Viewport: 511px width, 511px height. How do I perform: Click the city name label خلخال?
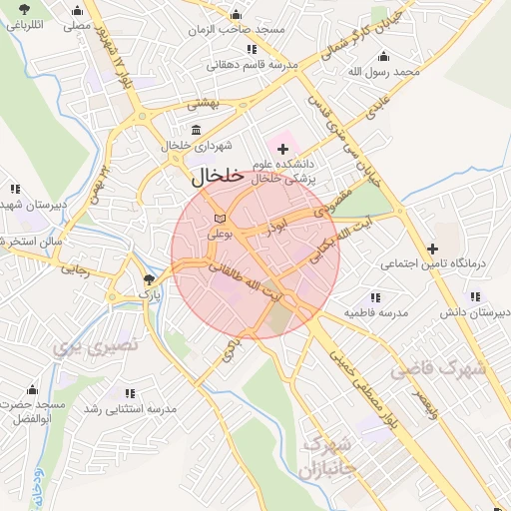216,176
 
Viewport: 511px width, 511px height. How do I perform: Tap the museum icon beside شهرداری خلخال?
195,130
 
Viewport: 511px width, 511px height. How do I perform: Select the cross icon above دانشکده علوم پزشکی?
282,148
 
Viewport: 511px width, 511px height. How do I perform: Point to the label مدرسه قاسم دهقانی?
246,65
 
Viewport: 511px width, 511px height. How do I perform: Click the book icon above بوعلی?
219,218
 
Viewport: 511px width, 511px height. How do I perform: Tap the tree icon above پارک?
149,279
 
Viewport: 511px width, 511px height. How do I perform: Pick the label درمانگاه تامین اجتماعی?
432,265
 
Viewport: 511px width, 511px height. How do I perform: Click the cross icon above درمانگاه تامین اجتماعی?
432,249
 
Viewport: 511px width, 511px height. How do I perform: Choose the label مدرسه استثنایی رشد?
130,409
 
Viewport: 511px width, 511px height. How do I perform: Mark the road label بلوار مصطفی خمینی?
350,380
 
